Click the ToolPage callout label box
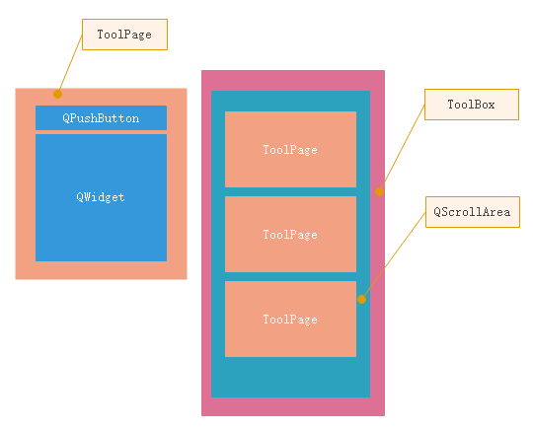point(124,35)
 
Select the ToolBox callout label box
point(471,105)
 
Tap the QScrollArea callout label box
point(472,213)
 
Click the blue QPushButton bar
point(101,118)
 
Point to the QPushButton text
point(101,118)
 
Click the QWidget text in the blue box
point(101,197)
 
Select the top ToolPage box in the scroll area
point(290,149)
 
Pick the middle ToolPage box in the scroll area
point(290,234)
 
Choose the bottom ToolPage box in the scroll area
point(290,319)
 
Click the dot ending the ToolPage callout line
point(57,94)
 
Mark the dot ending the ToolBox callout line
point(379,191)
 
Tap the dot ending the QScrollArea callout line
point(362,298)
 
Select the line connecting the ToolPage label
point(70,64)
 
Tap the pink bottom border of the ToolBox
point(292,406)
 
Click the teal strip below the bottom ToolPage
point(290,377)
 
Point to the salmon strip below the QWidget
point(101,270)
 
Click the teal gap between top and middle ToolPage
point(290,191)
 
